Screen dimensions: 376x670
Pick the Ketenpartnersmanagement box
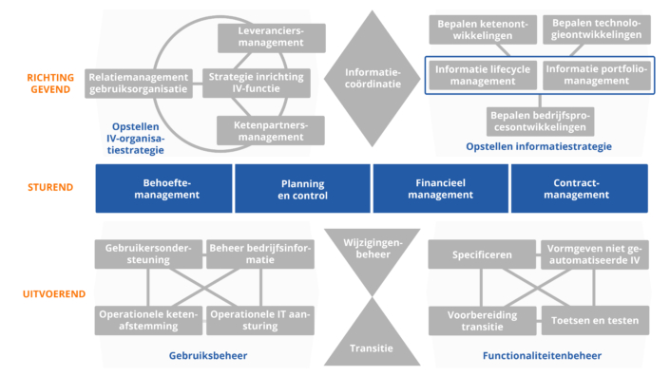click(271, 130)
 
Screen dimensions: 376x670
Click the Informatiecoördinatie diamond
click(373, 78)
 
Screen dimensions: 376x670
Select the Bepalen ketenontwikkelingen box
click(484, 28)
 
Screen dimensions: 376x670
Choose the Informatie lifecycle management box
click(484, 75)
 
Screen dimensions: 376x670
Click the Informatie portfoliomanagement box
click(596, 75)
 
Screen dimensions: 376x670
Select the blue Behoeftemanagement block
click(164, 188)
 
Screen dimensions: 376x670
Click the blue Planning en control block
click(302, 188)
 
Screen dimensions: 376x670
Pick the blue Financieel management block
click(440, 188)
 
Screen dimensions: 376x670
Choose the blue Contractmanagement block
click(580, 188)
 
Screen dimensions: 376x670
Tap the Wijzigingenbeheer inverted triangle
click(373, 249)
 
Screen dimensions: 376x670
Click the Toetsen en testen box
click(596, 320)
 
